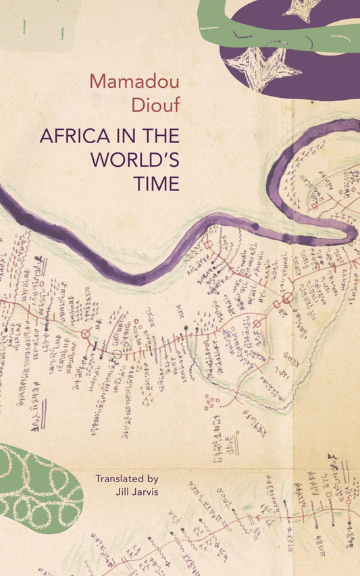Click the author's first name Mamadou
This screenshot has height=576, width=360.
click(x=134, y=82)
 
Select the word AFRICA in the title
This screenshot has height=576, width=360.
click(x=71, y=135)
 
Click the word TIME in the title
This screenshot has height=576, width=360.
click(x=159, y=184)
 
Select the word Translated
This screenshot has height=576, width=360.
click(x=122, y=478)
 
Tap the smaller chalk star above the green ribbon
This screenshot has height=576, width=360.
click(x=302, y=8)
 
